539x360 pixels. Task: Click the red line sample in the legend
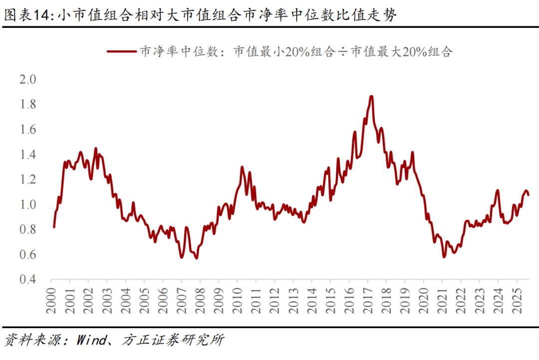[x=120, y=51]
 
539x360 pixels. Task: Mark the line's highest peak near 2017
[x=371, y=96]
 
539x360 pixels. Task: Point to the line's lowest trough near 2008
[x=196, y=258]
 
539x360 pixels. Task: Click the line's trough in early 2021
[x=444, y=257]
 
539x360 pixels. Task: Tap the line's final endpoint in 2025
[x=529, y=194]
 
